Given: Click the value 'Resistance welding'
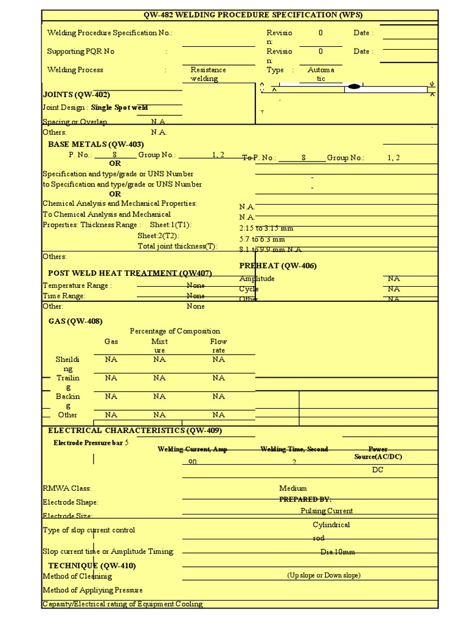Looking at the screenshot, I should [208, 74].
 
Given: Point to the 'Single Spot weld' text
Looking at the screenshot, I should [120, 108].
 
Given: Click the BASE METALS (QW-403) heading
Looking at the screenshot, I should [95, 145].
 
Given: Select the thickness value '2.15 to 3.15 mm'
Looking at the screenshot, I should [266, 228].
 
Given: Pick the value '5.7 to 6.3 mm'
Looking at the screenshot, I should [262, 239].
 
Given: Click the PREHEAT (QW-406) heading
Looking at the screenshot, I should [278, 266].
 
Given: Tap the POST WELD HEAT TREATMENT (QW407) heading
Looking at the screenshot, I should [130, 273].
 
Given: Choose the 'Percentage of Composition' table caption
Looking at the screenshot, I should [175, 331].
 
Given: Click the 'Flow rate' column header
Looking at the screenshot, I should [218, 346].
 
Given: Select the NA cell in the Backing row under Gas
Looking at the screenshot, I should [111, 397].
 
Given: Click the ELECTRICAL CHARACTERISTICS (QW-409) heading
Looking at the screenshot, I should [135, 431].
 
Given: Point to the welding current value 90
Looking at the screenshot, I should [193, 462].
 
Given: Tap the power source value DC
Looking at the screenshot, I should [378, 470].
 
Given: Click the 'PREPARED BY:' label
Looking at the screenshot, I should [305, 499].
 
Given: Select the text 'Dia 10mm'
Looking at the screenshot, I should [337, 552].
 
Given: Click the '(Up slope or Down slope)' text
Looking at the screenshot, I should [323, 575].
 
